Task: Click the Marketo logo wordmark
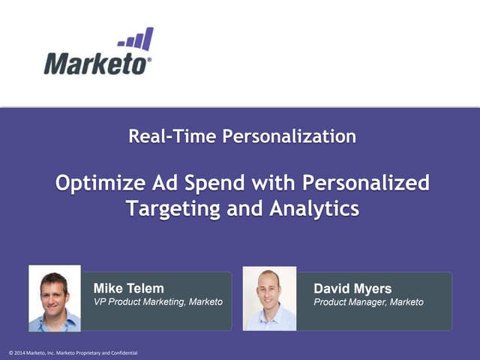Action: coord(96,63)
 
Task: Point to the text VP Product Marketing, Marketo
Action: coord(157,302)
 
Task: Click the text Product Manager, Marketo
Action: coord(368,302)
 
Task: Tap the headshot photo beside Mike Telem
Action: coord(55,298)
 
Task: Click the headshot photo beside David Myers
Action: coord(269,298)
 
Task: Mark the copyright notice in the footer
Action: coord(73,352)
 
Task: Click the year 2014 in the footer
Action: coord(20,352)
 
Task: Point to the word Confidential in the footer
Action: coord(123,352)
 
